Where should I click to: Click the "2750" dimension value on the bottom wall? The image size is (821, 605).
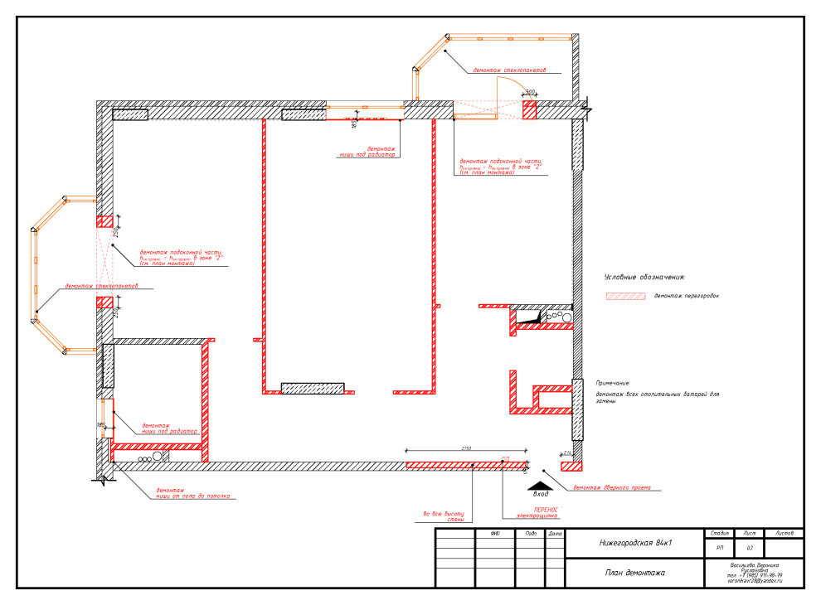coord(467,448)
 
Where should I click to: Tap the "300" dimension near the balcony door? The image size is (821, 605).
coord(530,93)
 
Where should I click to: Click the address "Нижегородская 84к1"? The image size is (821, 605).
coord(634,544)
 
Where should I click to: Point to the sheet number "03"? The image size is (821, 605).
coord(750,548)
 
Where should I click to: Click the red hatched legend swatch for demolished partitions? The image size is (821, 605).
coord(625,295)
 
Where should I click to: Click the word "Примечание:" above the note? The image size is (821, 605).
coord(612,383)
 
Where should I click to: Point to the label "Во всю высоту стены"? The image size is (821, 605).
coord(444,516)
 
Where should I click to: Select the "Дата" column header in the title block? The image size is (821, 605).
coord(555,533)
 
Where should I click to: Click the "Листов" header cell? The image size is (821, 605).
coord(784,533)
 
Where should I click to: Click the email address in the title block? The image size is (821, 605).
coord(754,582)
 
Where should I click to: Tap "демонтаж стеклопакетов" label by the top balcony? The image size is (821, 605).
coord(509,71)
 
